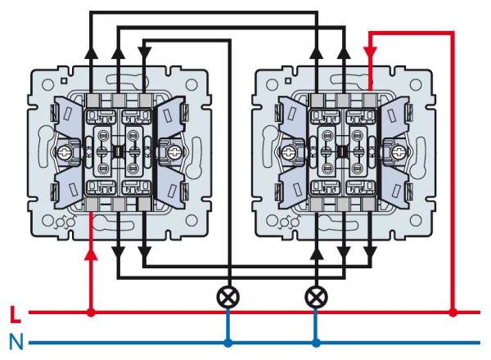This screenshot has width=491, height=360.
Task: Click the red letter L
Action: coord(14,313)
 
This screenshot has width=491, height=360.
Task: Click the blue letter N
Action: coord(15,341)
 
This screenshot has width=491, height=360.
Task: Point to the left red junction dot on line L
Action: coord(91,312)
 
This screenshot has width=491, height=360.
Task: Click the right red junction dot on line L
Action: coord(453,312)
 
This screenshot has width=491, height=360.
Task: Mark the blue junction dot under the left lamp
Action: coord(228,343)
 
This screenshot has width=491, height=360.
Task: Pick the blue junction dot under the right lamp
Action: coord(315,343)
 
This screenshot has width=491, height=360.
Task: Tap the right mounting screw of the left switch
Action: coord(173,151)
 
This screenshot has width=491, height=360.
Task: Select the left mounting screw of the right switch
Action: coord(288,151)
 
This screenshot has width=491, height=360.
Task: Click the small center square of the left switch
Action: coord(118,151)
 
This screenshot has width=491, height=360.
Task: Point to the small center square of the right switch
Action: coord(343,151)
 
